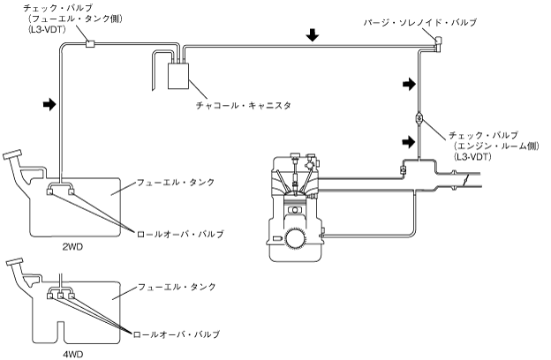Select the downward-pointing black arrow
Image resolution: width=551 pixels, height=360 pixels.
pos(313,36)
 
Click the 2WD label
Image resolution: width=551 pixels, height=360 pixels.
pos(73,248)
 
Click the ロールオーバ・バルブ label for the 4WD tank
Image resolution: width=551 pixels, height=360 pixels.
pos(175,334)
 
